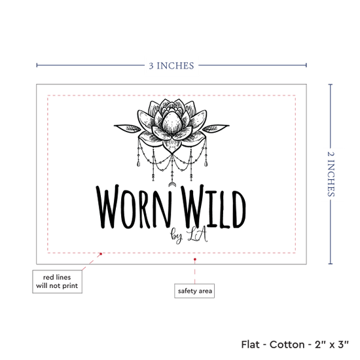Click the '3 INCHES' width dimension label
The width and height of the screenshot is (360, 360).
click(x=171, y=65)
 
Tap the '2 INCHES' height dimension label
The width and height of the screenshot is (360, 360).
click(x=331, y=174)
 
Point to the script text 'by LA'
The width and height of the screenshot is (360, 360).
click(x=189, y=236)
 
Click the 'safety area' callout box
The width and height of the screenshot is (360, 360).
click(x=194, y=291)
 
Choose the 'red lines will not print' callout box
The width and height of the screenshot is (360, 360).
click(x=57, y=281)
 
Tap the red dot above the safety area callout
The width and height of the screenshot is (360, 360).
click(x=194, y=259)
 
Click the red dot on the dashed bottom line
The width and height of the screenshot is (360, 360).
click(x=101, y=254)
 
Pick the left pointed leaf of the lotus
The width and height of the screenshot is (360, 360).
click(x=128, y=128)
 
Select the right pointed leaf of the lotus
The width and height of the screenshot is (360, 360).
click(x=216, y=128)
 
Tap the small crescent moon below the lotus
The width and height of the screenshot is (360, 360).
click(x=171, y=184)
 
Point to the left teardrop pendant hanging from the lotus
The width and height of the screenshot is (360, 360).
click(x=138, y=164)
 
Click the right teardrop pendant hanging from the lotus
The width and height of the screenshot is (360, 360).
click(x=206, y=164)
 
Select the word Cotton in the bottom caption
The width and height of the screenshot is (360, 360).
click(x=287, y=344)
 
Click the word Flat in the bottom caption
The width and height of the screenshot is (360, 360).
click(x=250, y=344)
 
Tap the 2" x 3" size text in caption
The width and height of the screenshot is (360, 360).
click(x=332, y=344)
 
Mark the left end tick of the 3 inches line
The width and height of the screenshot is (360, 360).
click(x=37, y=65)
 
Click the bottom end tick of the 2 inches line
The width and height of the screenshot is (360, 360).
click(x=331, y=264)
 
